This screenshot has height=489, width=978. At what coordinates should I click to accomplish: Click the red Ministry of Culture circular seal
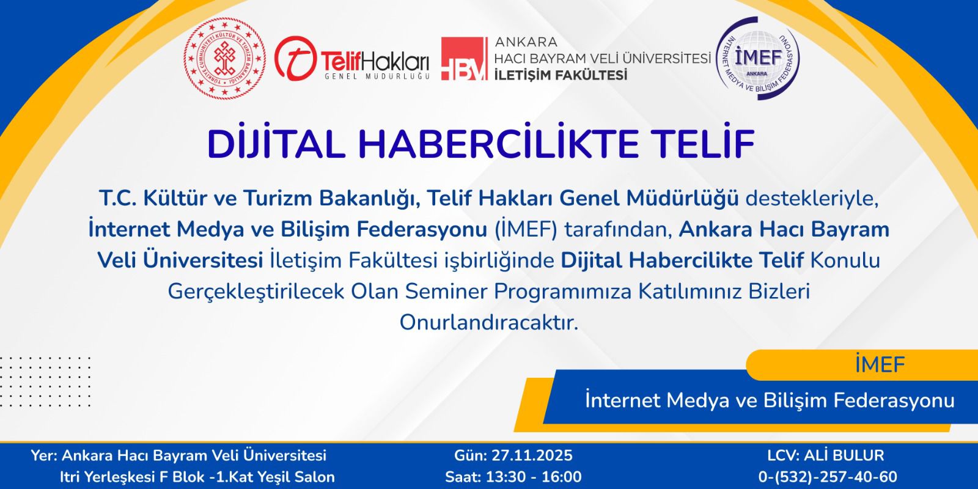click(224, 58)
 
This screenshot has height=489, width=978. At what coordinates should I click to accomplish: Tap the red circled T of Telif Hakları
click(295, 58)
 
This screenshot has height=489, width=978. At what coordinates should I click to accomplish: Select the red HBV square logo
click(464, 59)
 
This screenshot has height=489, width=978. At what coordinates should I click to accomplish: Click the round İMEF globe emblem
click(757, 58)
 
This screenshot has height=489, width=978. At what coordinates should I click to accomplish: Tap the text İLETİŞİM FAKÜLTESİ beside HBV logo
click(561, 75)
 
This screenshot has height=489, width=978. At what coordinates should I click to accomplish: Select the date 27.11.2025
click(532, 455)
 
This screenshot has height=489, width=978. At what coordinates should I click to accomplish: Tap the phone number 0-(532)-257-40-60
click(828, 476)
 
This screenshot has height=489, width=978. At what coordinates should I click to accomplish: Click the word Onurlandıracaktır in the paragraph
click(489, 323)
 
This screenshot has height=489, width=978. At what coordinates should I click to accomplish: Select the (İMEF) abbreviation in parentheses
click(526, 230)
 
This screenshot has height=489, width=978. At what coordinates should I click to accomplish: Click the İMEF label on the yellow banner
click(880, 364)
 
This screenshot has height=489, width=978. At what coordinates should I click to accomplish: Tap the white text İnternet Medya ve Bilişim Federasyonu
click(770, 400)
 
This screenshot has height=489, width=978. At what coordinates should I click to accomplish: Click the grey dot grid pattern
click(45, 381)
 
